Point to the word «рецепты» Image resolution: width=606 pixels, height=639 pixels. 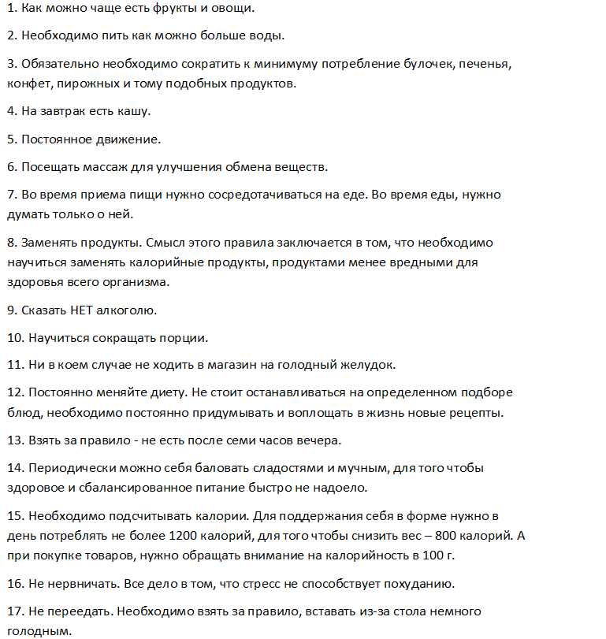[x=478, y=411]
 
